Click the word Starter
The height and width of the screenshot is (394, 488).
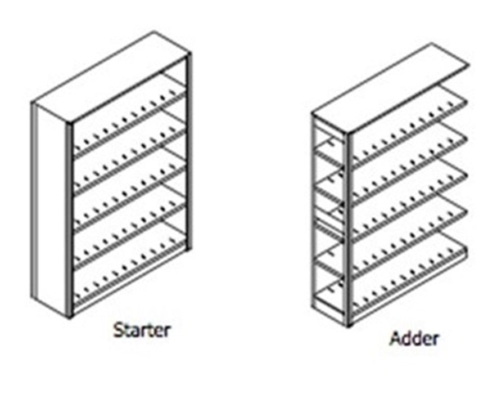click(x=142, y=330)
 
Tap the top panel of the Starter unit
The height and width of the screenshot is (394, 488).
click(x=111, y=77)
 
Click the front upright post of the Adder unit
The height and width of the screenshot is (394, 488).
click(x=348, y=230)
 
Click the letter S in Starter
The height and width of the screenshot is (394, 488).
click(x=119, y=330)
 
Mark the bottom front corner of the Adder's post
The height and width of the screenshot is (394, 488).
click(x=348, y=326)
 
